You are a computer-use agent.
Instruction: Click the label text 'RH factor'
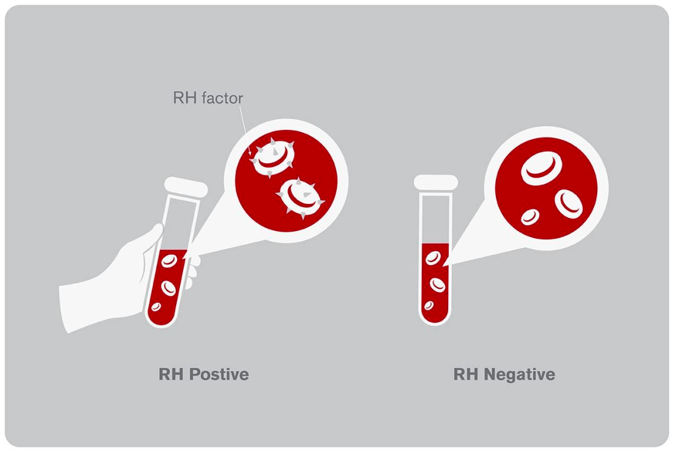(x=208, y=98)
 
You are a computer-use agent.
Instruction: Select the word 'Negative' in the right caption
(x=519, y=375)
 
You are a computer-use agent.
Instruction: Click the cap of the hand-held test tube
(x=185, y=187)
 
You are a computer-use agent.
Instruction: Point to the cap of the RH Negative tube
(x=436, y=183)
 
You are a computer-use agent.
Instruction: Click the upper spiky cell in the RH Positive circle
(x=273, y=158)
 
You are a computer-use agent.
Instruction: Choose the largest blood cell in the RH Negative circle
(x=541, y=168)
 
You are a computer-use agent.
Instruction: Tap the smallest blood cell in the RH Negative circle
(x=530, y=217)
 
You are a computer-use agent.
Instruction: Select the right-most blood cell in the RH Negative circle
(x=568, y=203)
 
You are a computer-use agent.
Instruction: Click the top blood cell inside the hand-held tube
(x=169, y=261)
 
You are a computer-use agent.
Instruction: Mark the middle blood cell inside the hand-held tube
(x=168, y=288)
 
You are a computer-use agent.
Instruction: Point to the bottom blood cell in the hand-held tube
(x=156, y=307)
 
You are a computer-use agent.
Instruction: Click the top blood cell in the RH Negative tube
(x=433, y=259)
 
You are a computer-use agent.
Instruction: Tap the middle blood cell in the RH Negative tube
(x=438, y=285)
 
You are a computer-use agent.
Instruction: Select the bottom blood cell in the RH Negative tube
(x=429, y=305)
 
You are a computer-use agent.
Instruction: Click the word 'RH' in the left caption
(x=171, y=374)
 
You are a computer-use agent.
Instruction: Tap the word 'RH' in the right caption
(x=466, y=374)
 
